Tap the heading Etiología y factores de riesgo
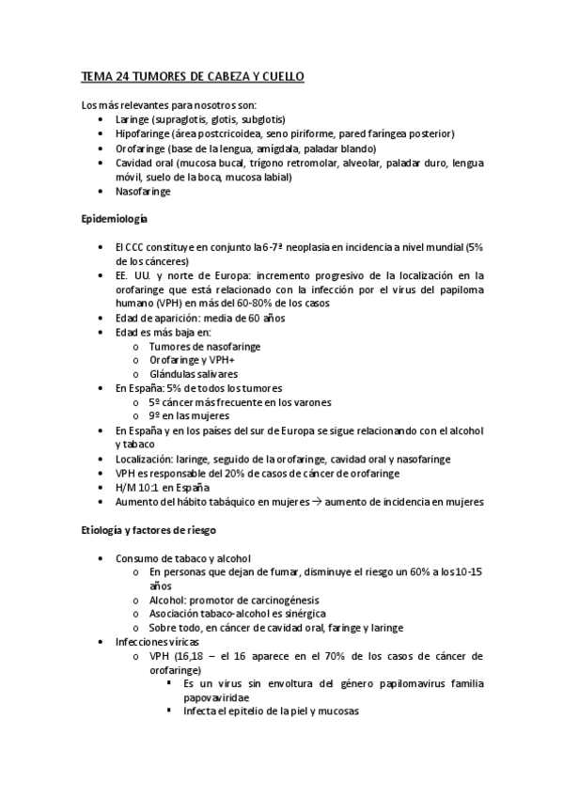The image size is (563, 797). [x=152, y=531]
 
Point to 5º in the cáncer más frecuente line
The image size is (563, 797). [x=155, y=401]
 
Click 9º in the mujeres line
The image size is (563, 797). [x=155, y=415]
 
